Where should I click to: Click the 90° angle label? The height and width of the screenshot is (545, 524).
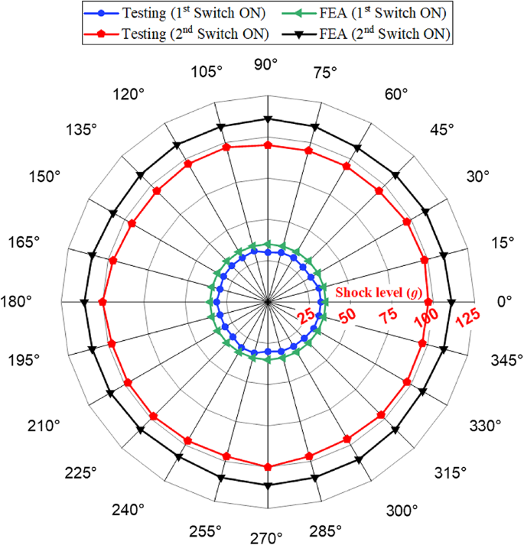point(267,66)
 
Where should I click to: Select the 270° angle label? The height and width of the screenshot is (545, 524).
point(267,538)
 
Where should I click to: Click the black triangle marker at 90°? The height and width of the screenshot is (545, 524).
point(267,118)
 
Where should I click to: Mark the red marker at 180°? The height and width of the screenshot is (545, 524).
point(103,303)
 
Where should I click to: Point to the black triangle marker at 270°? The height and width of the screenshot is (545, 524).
point(267,485)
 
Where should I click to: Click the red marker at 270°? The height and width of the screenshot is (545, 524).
point(267,467)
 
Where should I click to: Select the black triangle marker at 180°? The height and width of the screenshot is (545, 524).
point(84,303)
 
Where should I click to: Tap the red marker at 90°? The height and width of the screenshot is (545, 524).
point(267,144)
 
